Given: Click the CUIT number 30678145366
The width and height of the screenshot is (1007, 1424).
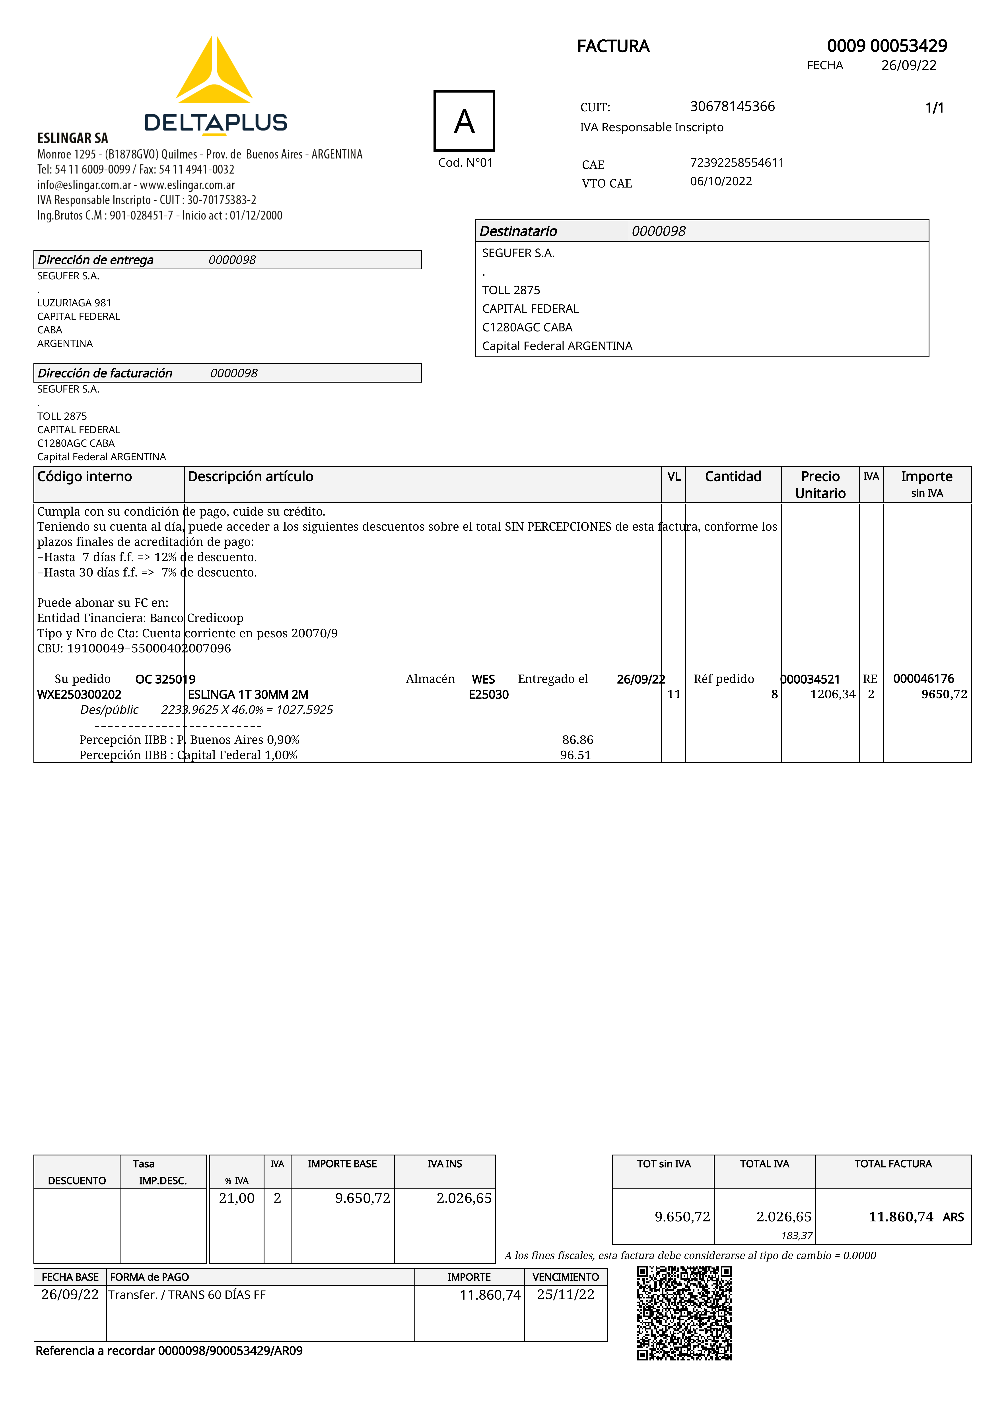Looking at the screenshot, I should [x=732, y=107].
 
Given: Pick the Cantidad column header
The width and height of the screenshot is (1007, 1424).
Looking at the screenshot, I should [x=733, y=476].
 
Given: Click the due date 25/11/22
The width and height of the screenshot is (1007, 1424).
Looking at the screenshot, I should [x=565, y=1295].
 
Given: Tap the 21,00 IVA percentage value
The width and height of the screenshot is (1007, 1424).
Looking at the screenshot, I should [x=236, y=1198].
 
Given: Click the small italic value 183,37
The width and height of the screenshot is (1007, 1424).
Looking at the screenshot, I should [x=797, y=1235].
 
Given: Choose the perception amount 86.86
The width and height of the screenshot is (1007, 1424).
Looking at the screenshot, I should [x=577, y=740].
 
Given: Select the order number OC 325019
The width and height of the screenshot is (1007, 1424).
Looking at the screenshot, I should [x=165, y=679].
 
